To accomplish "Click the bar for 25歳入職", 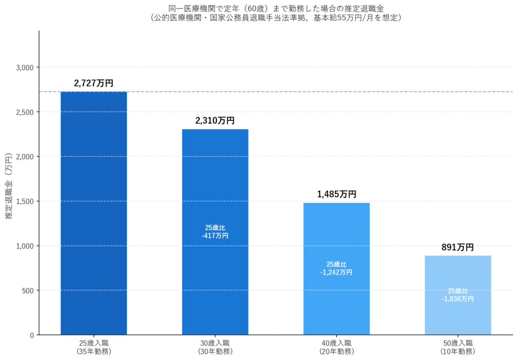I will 94,213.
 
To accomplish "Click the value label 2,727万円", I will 94,83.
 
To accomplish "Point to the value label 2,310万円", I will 215,121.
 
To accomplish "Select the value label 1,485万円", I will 336,194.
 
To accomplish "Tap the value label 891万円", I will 458,247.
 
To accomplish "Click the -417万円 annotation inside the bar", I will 215,235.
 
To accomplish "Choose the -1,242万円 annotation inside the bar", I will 336,272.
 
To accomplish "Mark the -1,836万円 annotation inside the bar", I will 458,299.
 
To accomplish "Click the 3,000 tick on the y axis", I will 24,67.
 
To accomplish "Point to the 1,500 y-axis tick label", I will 24,201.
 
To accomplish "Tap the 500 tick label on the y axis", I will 27,291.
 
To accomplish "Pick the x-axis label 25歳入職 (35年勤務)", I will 94,347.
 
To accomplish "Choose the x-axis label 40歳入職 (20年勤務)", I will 336,347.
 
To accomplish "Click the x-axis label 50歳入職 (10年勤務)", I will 458,347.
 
